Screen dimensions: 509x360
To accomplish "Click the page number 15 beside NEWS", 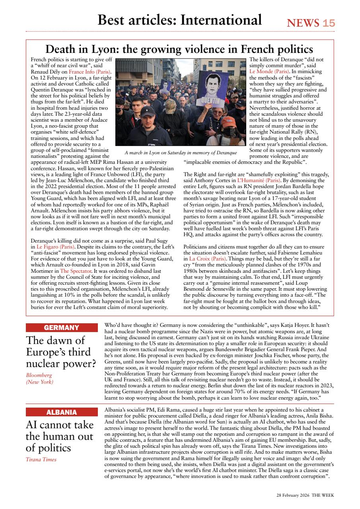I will pyautogui.click(x=329, y=23).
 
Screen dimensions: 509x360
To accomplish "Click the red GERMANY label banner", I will pyautogui.click(x=62, y=328).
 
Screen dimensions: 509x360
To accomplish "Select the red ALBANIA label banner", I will pyautogui.click(x=62, y=412).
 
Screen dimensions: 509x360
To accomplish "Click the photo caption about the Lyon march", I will pyautogui.click(x=181, y=153).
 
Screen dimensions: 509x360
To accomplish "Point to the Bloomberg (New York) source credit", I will pyautogui.click(x=39, y=379).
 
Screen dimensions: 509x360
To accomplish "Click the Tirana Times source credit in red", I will pyautogui.click(x=41, y=460).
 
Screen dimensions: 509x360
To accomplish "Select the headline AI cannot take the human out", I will pyautogui.click(x=60, y=436).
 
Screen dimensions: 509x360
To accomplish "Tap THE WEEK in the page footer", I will pyautogui.click(x=323, y=495).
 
